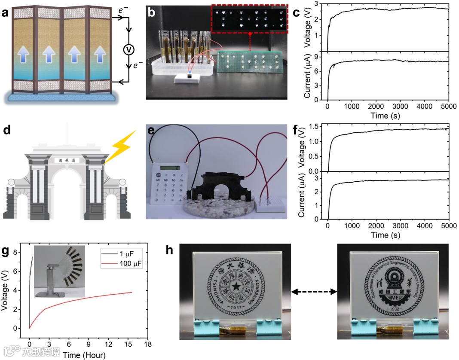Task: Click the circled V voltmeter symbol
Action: coord(128,50)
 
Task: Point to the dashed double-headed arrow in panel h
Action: coord(314,292)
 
